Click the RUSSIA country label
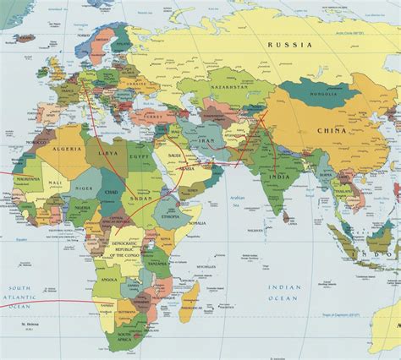289,44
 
